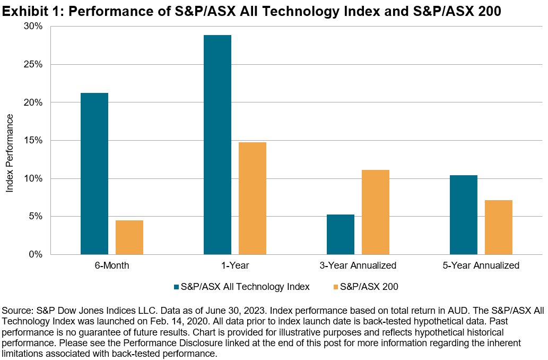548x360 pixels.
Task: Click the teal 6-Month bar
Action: coord(94,174)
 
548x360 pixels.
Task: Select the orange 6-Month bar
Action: coord(129,237)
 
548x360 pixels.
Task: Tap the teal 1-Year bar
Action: coord(218,144)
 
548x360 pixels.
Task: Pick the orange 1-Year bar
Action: coord(253,198)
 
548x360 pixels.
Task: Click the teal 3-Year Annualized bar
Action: coord(341,234)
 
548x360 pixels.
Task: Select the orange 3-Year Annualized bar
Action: coord(376,212)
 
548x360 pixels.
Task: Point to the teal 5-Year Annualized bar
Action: coord(464,215)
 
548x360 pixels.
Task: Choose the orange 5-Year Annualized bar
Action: coord(499,227)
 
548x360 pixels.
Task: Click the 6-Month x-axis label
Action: coord(112,265)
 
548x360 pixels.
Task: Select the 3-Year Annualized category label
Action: coord(358,265)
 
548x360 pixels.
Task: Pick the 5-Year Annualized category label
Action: coord(481,265)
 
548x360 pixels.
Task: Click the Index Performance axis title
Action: coord(10,141)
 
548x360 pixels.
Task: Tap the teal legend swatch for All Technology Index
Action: coord(176,287)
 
